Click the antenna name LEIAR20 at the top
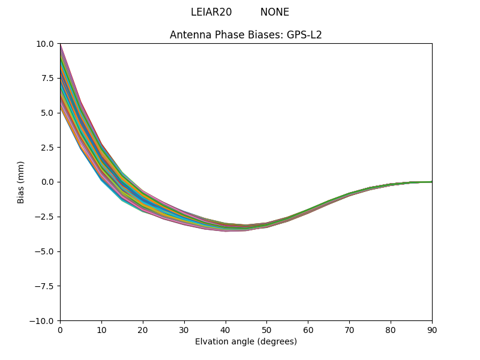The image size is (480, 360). pos(211,12)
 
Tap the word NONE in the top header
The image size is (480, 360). pos(275,12)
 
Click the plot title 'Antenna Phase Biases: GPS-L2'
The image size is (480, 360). pos(246,35)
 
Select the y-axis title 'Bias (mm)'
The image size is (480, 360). pos(21,182)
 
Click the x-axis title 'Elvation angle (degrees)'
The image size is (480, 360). pos(246,341)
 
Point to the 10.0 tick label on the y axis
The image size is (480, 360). pos(45,43)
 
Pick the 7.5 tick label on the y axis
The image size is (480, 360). pos(47,78)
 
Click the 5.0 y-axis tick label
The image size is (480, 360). pos(47,113)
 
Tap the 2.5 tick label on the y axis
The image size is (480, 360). pos(47,147)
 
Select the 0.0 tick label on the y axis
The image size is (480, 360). pos(47,182)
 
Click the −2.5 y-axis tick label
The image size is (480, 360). pos(45,217)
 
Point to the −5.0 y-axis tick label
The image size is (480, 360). pos(45,251)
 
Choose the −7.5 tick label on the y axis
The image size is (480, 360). pos(45,286)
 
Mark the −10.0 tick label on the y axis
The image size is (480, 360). pos(43,320)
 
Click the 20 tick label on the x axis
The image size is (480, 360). pos(143,329)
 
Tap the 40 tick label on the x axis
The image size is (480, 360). pos(226,329)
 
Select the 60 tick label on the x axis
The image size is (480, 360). pos(308,329)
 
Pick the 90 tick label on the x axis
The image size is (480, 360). pos(432,329)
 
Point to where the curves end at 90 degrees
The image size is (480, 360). pos(431,182)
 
